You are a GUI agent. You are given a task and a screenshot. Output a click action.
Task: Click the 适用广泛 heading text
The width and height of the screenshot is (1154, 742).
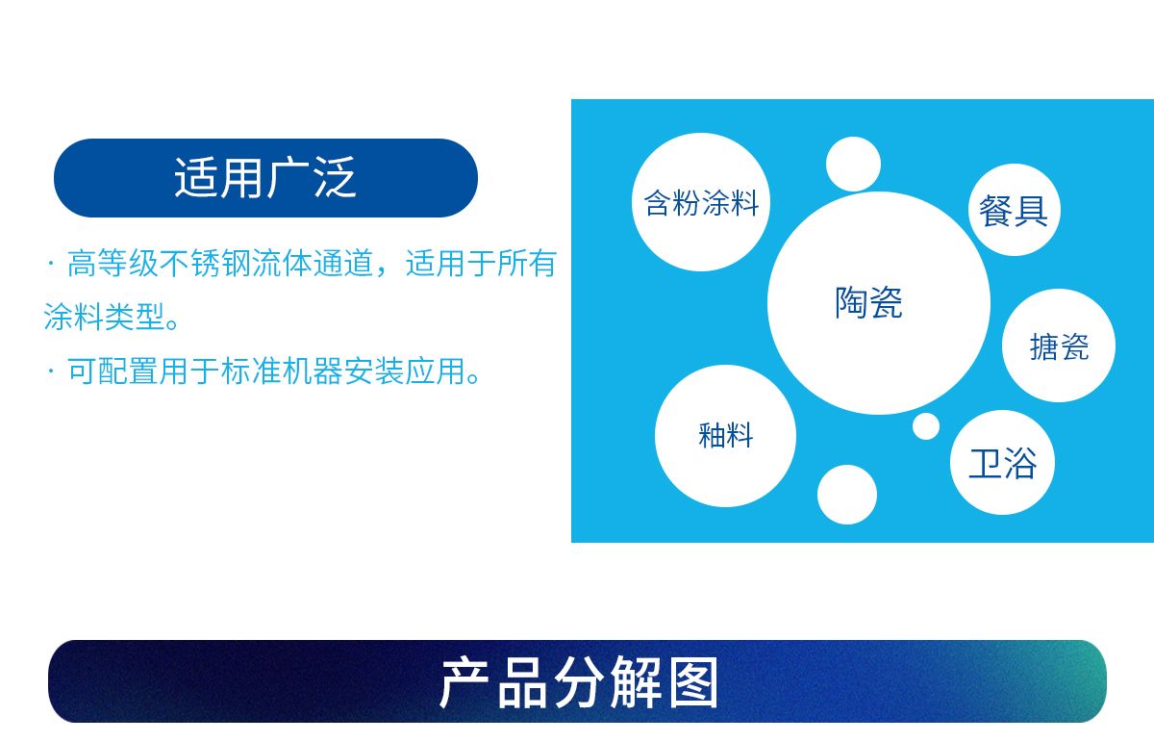265,178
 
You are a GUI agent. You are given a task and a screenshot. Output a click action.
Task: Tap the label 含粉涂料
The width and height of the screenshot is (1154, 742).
701,203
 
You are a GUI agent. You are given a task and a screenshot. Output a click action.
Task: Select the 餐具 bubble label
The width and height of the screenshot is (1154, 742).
1014,211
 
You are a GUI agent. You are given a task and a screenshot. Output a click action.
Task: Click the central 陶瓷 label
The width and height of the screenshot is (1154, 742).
868,302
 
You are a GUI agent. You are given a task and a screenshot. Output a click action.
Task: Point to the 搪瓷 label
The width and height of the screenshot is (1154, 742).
1059,346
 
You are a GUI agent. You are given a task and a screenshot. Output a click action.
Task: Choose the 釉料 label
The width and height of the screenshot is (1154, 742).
726,435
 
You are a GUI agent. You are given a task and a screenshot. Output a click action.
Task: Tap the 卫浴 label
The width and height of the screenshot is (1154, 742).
1002,464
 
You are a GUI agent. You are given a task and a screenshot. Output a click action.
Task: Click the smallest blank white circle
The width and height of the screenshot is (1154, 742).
926,426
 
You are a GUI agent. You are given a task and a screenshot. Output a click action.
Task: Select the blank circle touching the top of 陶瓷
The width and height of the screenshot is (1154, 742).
853,164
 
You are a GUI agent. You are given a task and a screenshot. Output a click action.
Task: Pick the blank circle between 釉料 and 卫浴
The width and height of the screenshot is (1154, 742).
847,495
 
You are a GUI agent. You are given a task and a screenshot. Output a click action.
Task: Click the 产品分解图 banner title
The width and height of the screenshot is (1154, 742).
579,681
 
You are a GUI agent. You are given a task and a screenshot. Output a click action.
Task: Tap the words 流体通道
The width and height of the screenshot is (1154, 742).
313,264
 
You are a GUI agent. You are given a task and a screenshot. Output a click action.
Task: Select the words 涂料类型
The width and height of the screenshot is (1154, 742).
105,317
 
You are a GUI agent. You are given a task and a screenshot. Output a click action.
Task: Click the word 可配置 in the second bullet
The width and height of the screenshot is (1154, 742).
113,371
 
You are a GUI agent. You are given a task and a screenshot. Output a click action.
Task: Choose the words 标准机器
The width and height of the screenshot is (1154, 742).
282,371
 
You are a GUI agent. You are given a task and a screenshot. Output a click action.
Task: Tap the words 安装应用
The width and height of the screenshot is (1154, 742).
405,371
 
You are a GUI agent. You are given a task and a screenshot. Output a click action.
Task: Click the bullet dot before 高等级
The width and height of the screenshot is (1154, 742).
50,264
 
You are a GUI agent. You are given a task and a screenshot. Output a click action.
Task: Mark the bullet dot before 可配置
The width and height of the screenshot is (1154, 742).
50,371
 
